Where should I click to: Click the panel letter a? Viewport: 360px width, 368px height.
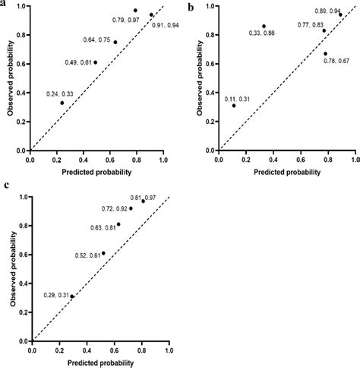(5, 3)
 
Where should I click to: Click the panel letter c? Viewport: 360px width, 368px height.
(5, 185)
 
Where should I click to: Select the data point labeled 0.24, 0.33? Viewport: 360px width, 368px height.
(62, 103)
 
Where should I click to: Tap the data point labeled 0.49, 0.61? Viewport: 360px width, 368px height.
(95, 62)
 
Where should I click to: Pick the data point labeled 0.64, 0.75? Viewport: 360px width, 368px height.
(115, 42)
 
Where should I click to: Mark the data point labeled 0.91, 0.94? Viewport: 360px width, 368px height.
(151, 14)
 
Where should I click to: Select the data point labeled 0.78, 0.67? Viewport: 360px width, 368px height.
(326, 54)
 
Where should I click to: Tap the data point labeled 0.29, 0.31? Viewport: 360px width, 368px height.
(72, 297)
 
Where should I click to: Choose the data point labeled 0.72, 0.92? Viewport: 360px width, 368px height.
(131, 208)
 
